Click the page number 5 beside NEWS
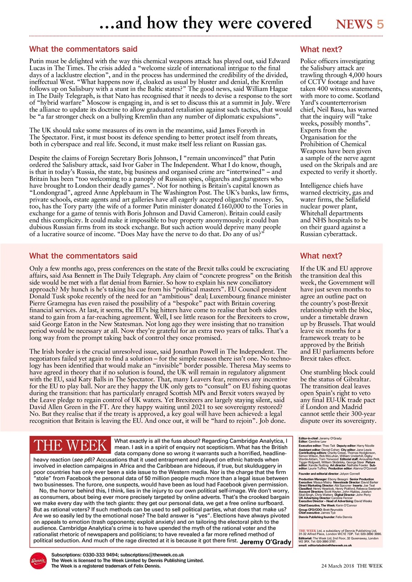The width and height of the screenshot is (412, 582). point(380,24)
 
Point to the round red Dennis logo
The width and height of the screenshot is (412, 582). point(38,560)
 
